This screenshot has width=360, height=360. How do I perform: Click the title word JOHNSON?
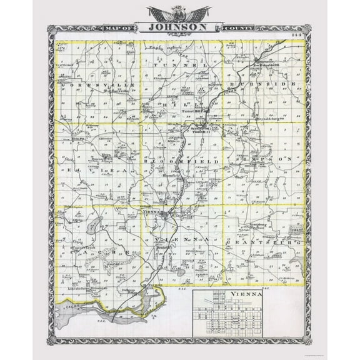click(x=179, y=28)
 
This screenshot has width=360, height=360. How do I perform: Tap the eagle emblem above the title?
click(x=180, y=12)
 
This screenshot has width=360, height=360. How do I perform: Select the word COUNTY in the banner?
click(x=241, y=27)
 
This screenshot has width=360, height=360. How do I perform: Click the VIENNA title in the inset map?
click(x=245, y=296)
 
